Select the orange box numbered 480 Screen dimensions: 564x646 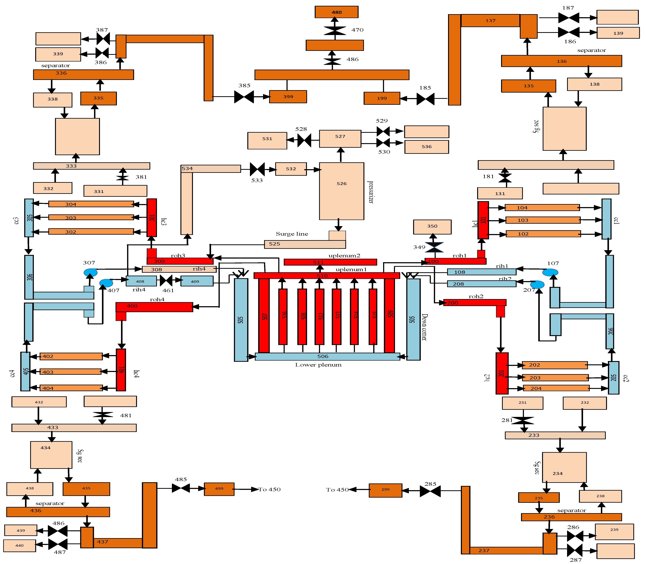point(336,12)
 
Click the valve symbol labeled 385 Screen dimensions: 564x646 point(244,97)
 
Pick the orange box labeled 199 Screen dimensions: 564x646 point(382,98)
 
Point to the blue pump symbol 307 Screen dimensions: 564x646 point(90,272)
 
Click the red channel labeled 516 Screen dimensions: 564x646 point(283,316)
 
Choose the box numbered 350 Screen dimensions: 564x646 point(432,227)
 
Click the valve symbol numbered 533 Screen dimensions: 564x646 point(257,169)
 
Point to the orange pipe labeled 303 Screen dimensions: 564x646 point(91,217)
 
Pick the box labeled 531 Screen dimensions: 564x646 point(267,140)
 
